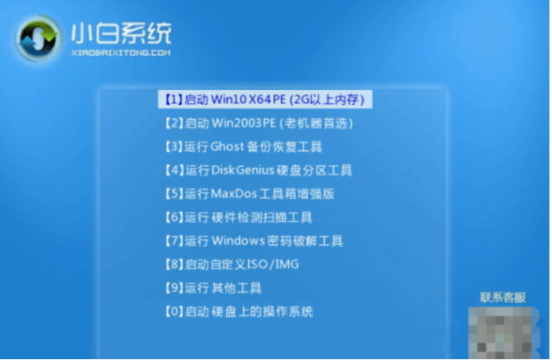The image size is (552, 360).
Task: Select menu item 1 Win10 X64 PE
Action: click(x=265, y=100)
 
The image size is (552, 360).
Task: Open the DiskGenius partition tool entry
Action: click(x=258, y=170)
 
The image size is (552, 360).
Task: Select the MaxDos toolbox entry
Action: click(x=249, y=194)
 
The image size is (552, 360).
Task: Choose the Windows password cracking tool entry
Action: click(x=253, y=241)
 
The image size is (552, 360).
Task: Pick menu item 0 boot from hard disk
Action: click(x=238, y=312)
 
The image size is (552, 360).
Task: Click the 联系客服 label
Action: click(x=504, y=297)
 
